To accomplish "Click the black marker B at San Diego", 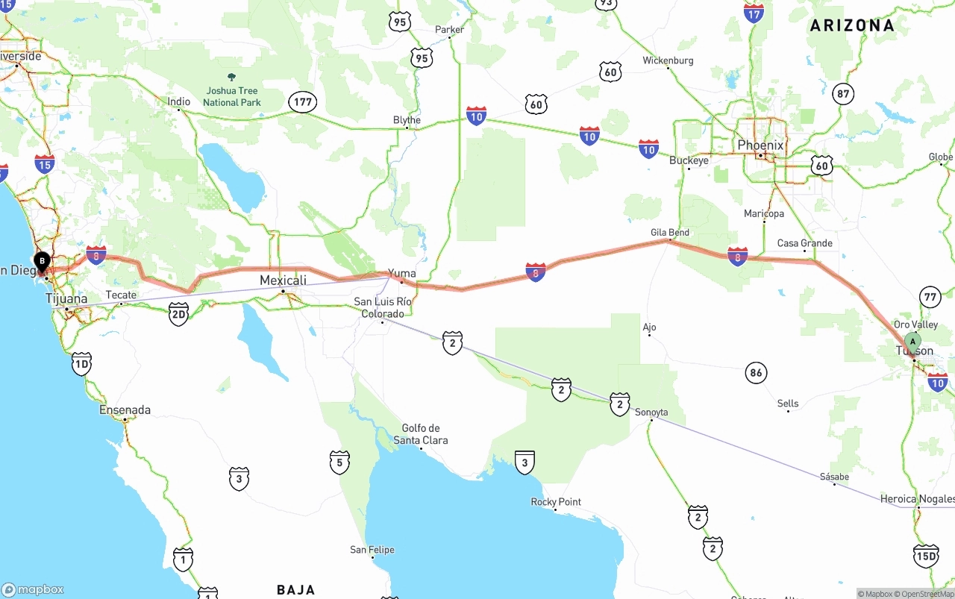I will (x=43, y=263).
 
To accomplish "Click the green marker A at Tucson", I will (x=912, y=343).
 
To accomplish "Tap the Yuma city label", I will (x=401, y=274).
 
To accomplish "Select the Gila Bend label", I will (x=670, y=233).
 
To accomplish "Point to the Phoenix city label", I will (x=760, y=145).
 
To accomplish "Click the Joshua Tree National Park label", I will (x=231, y=96).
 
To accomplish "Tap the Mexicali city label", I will (x=283, y=280).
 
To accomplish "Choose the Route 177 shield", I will (x=303, y=102).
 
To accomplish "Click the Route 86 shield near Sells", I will (x=757, y=373).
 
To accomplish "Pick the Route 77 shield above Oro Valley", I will (x=930, y=297).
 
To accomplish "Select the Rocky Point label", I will (x=556, y=502).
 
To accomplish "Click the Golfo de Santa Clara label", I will (x=421, y=434).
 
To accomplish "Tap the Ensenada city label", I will (x=125, y=410).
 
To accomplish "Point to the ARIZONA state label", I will (x=852, y=25).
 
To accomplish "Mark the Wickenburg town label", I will (x=668, y=60).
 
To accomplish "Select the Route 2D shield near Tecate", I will (x=178, y=314).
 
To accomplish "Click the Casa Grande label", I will (x=804, y=243).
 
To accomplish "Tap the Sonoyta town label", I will (x=651, y=412).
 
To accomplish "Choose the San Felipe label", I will (x=372, y=550).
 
